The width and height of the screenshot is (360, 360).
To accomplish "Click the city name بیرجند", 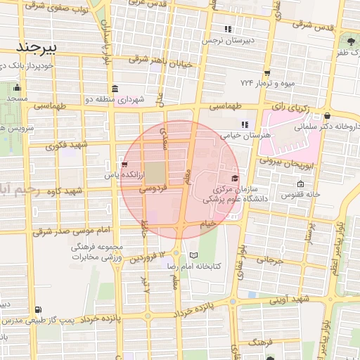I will (x=41, y=46).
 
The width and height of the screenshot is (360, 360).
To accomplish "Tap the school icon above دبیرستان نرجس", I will (x=228, y=30).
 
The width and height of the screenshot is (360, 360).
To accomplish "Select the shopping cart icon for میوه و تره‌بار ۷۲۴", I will (x=267, y=73).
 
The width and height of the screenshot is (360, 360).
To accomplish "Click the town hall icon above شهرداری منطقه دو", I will (x=115, y=89).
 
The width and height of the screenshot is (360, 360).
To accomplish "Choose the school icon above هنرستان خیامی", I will (x=245, y=124).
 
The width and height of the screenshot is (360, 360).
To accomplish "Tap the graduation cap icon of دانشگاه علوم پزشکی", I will (x=235, y=178).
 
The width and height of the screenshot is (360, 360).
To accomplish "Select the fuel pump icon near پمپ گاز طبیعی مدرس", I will (x=37, y=309).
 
